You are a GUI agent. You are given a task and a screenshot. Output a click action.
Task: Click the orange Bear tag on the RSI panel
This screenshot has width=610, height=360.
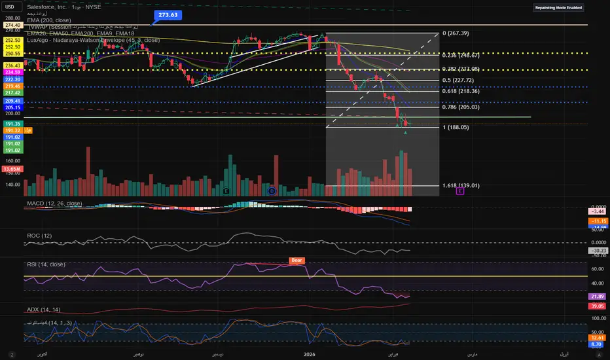pos(296,260)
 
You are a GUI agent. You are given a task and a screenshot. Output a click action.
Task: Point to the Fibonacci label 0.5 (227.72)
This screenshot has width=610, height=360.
pos(458,81)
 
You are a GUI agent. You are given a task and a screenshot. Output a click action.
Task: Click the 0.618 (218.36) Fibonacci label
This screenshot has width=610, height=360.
pos(461,92)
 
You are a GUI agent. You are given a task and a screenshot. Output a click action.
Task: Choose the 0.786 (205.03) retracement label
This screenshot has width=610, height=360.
pos(461,108)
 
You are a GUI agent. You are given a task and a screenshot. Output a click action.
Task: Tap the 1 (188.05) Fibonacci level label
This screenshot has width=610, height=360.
pos(456,127)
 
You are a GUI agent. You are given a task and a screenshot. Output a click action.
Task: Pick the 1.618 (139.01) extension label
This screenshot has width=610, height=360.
pos(461,186)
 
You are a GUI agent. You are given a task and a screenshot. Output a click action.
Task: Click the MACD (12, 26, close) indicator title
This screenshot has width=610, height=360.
pos(54,204)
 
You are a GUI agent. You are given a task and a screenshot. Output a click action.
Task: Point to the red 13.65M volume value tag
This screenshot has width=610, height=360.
pos(12,169)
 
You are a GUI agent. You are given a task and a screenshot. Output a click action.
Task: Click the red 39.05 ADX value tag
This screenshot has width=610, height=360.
pos(596,306)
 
